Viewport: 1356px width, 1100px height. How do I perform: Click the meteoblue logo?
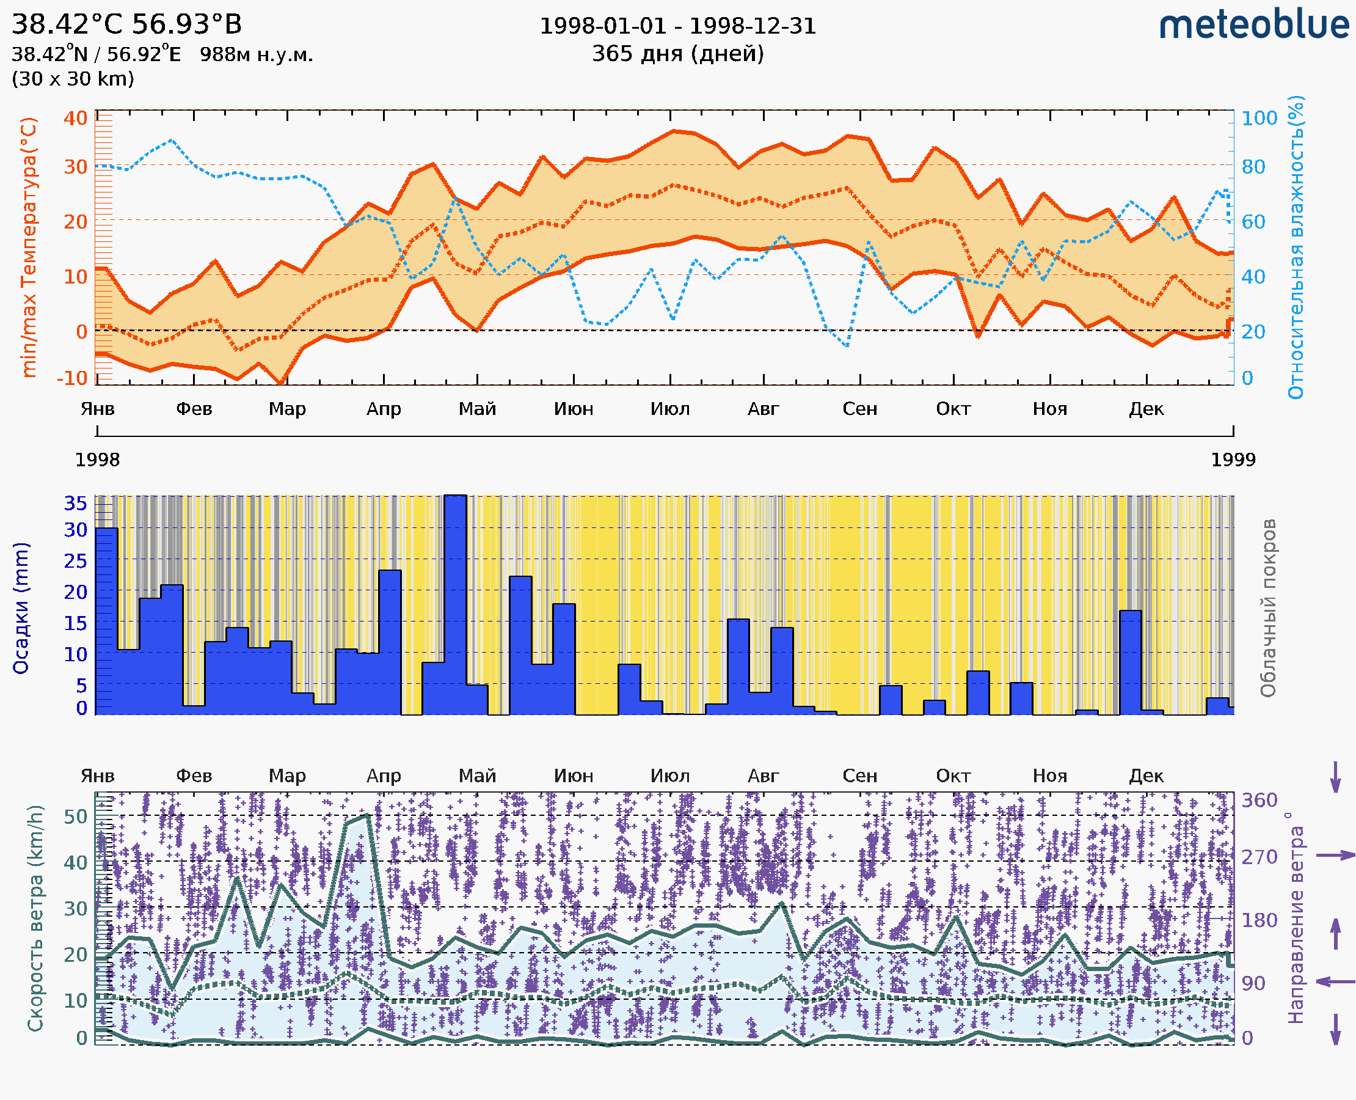click(x=1253, y=25)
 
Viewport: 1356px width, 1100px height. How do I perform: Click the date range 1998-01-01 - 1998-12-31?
click(x=677, y=26)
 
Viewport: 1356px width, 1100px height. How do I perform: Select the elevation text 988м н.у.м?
click(x=257, y=54)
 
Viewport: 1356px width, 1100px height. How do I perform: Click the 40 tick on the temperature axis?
click(x=75, y=119)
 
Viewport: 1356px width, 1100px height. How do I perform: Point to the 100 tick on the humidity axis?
click(x=1259, y=119)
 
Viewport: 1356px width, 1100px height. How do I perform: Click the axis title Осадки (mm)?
click(x=21, y=608)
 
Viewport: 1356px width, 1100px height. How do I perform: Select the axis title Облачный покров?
click(x=1268, y=608)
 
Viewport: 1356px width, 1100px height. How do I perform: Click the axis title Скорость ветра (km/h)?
click(x=35, y=918)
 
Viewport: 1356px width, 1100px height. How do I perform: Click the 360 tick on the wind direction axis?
click(x=1259, y=801)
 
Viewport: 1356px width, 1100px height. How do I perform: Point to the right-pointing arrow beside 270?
click(x=1335, y=856)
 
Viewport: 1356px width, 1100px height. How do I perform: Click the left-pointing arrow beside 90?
click(x=1335, y=982)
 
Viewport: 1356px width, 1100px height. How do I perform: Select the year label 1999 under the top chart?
click(x=1233, y=460)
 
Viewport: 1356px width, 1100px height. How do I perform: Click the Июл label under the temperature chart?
click(x=670, y=409)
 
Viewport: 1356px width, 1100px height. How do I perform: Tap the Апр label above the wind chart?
click(x=384, y=776)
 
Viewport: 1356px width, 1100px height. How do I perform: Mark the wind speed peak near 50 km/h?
click(x=368, y=815)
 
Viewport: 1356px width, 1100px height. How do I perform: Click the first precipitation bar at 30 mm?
click(x=106, y=621)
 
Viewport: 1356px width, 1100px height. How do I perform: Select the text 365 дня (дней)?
click(x=677, y=54)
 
